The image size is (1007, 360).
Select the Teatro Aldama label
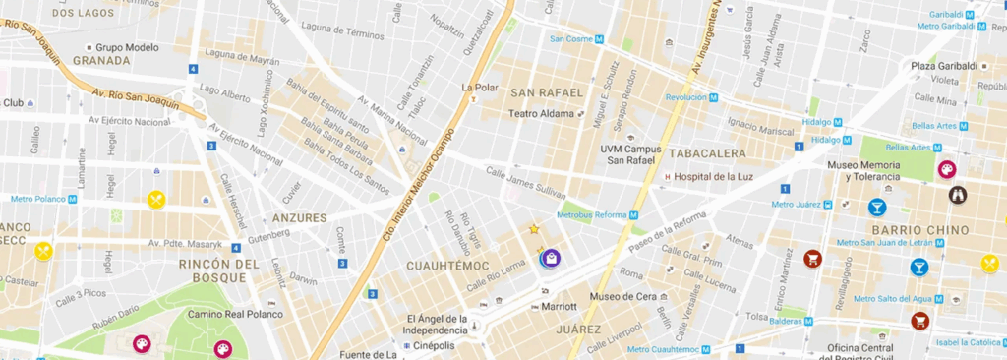[x=540, y=114]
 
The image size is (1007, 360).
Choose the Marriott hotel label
[x=559, y=306]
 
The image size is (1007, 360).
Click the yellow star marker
[x=534, y=229]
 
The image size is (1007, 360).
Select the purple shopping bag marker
[x=552, y=258]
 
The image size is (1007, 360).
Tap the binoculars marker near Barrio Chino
[x=958, y=194]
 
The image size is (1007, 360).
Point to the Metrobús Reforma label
[x=592, y=214]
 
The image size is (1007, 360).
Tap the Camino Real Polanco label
[x=235, y=315]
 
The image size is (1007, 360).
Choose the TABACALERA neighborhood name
[x=704, y=153]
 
